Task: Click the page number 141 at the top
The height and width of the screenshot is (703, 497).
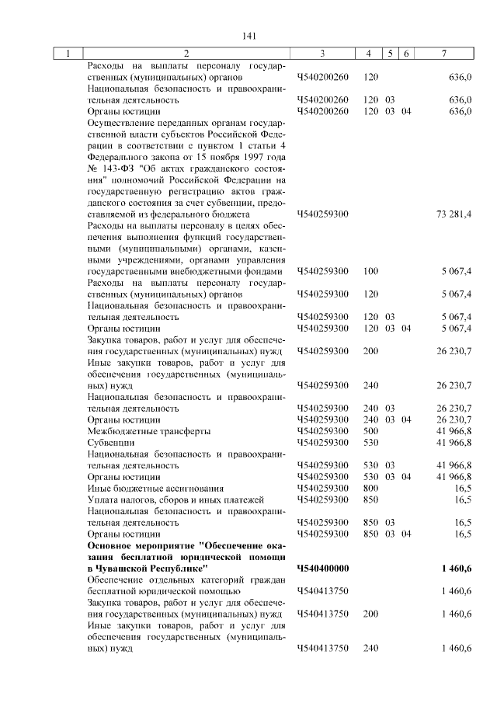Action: click(248, 37)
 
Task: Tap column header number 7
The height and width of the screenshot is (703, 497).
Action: click(443, 54)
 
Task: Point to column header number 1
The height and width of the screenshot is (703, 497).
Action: click(68, 54)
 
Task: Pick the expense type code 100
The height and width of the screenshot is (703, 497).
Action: click(370, 271)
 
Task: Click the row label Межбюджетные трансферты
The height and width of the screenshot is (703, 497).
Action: click(137, 431)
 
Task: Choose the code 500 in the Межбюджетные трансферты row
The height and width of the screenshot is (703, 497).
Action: click(370, 431)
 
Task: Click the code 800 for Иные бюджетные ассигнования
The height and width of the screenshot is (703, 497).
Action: click(370, 488)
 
